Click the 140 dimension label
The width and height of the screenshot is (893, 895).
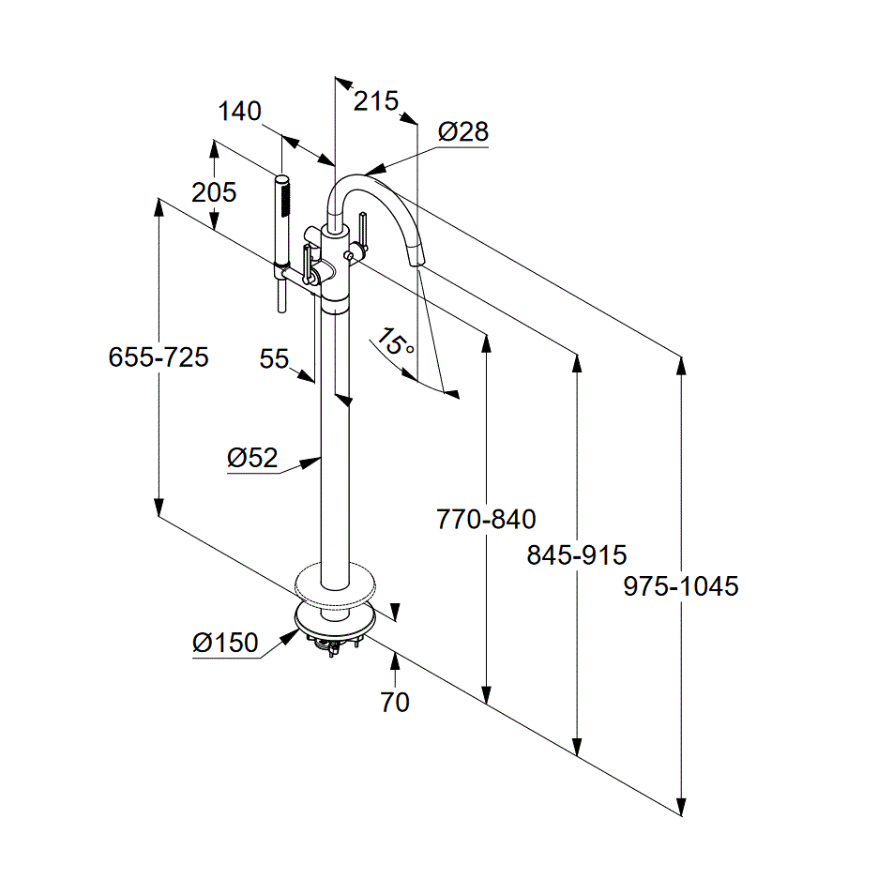[239, 112]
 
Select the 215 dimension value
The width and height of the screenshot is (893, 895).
[376, 100]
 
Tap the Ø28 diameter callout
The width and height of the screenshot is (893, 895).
[463, 131]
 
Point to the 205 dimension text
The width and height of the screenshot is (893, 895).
[214, 192]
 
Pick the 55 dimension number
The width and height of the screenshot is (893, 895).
[274, 359]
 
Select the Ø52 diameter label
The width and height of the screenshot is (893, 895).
[252, 458]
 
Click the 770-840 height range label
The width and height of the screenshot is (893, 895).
[486, 519]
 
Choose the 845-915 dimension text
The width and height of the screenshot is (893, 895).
[576, 554]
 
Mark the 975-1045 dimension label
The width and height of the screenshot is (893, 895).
[681, 586]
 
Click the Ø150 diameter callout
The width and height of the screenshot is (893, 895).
[225, 643]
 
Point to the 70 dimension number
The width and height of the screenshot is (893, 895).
[395, 701]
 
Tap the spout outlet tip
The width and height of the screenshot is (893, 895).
[419, 260]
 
